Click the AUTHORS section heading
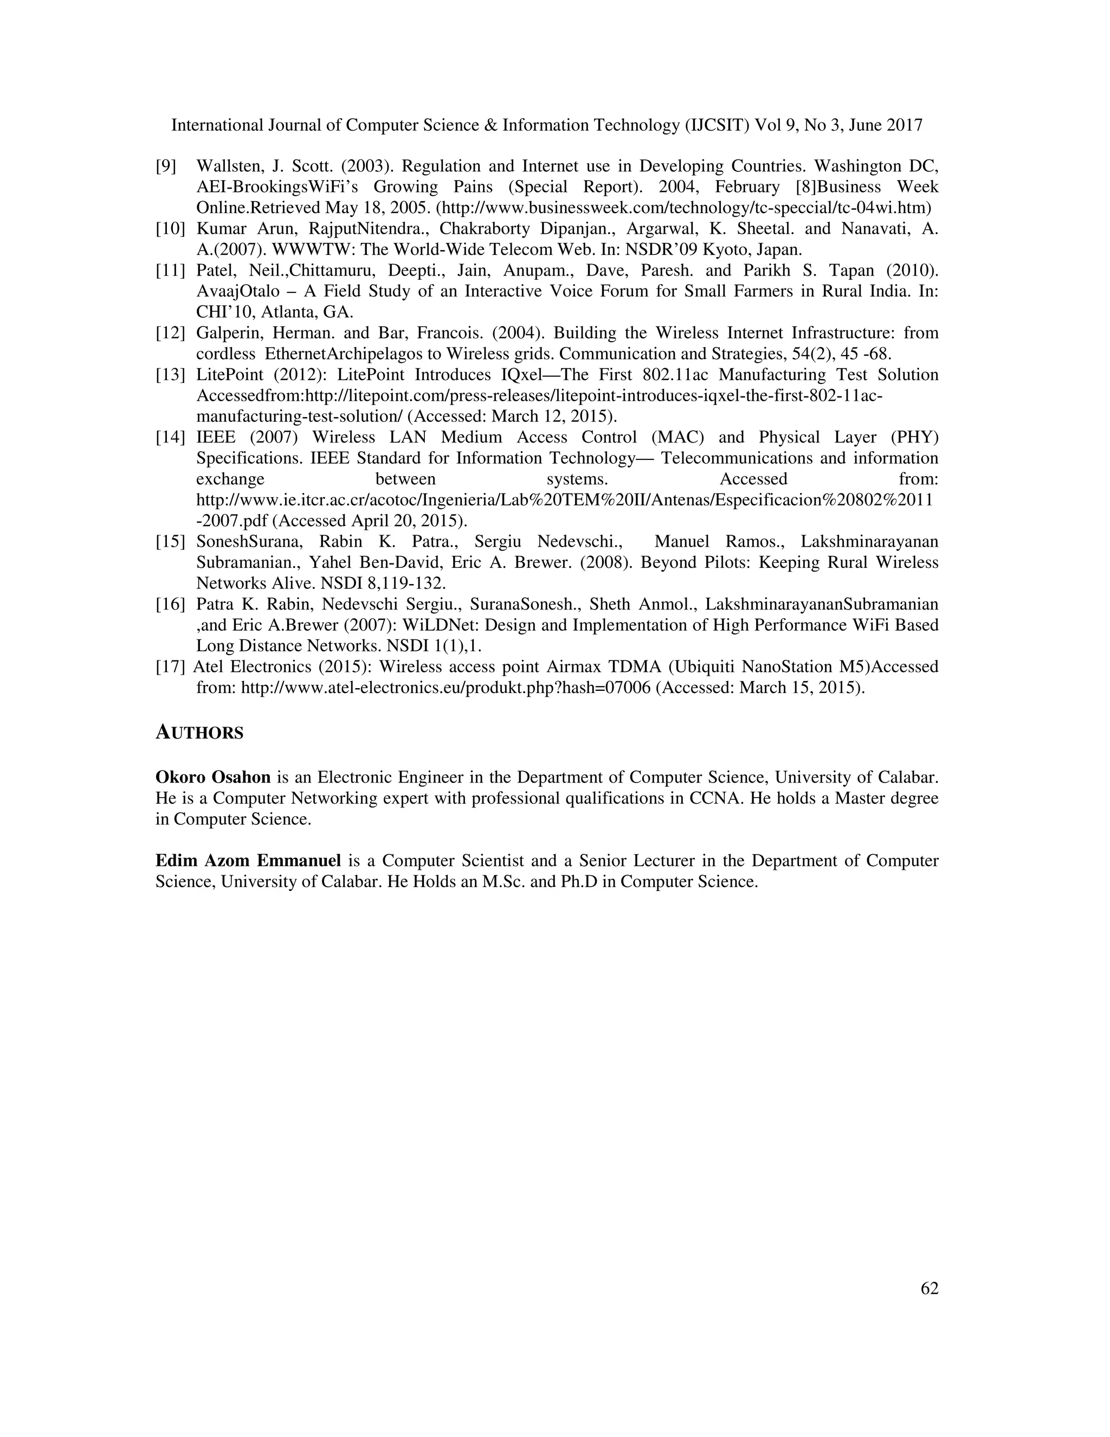(x=199, y=733)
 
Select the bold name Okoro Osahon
(x=213, y=778)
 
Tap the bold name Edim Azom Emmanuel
(x=248, y=861)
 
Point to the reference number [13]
(x=170, y=375)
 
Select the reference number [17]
(x=170, y=667)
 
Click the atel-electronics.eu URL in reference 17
(x=447, y=688)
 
